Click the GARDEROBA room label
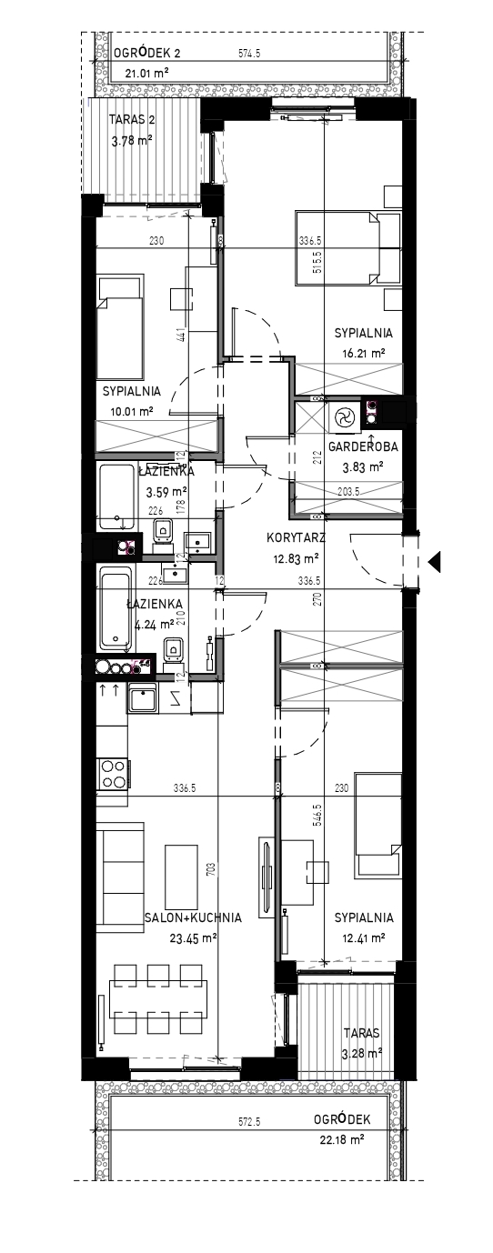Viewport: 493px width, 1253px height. click(x=363, y=446)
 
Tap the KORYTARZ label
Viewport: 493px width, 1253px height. click(x=296, y=538)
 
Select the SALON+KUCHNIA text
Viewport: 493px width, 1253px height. click(x=193, y=917)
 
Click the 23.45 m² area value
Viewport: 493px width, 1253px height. click(x=193, y=937)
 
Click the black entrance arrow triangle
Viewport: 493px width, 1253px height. click(x=434, y=562)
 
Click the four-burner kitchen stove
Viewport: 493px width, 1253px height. click(x=113, y=773)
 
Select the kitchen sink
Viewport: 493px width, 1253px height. click(x=142, y=698)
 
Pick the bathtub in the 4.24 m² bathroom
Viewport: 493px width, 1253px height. click(x=116, y=609)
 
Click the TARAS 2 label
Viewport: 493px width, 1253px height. click(x=132, y=119)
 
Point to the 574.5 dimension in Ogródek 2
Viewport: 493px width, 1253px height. click(x=249, y=54)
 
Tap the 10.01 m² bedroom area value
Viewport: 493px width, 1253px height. click(x=132, y=412)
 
